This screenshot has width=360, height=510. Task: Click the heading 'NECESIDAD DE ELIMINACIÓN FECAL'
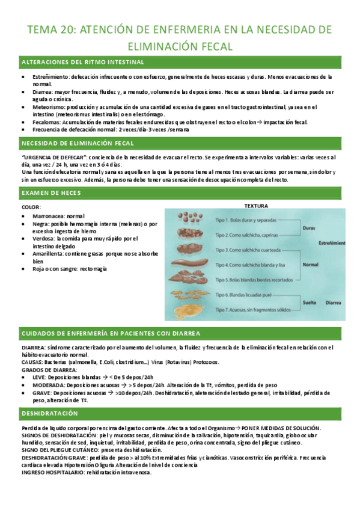click(78, 143)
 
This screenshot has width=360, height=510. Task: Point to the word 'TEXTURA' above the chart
click(257, 204)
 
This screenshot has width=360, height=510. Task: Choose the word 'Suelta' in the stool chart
click(310, 303)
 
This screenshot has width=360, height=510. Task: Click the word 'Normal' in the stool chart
click(310, 265)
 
